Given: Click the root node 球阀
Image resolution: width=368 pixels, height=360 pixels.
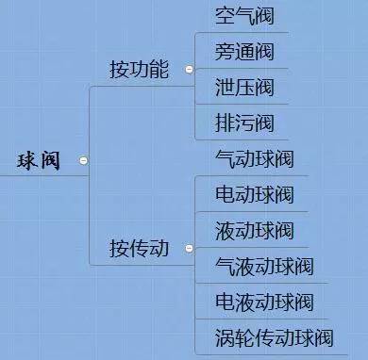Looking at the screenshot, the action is click(39, 160).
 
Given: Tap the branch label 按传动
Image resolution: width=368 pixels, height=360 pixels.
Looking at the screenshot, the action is click(139, 249).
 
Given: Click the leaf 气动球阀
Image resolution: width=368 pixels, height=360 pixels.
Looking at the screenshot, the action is click(254, 159).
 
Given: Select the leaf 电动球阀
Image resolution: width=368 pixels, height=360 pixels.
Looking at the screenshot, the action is click(254, 195).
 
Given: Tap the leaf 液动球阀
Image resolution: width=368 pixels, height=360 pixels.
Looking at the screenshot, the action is click(254, 231).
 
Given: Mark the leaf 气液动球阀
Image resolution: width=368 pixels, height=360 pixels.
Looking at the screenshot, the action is click(264, 267).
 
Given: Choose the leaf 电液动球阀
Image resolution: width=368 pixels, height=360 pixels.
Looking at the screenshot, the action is click(264, 303).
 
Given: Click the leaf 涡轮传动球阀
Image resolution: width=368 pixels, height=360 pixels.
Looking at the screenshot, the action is click(274, 338).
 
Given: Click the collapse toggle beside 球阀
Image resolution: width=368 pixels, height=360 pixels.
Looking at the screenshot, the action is click(83, 161).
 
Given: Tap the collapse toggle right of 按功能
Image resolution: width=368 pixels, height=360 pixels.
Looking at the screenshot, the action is click(189, 70).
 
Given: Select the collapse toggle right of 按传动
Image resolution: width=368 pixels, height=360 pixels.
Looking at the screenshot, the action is click(189, 250).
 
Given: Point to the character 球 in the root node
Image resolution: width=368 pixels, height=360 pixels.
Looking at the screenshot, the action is click(26, 160).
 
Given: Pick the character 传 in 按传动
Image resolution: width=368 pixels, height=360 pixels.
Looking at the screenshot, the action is click(139, 249).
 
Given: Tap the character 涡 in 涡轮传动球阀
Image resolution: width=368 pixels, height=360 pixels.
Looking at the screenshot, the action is click(225, 338).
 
